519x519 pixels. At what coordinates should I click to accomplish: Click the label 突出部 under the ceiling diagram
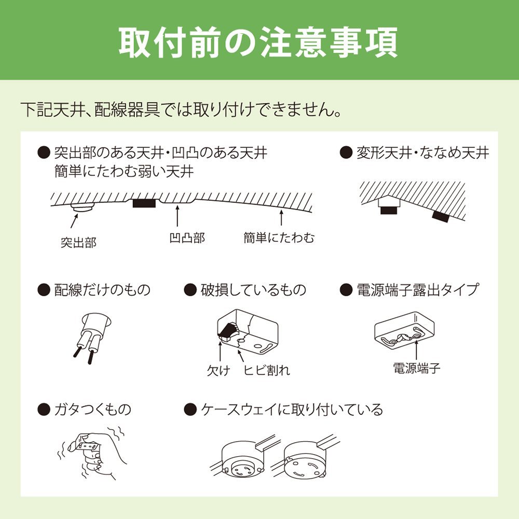[x=79, y=242]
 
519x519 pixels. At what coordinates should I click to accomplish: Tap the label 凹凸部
[x=187, y=238]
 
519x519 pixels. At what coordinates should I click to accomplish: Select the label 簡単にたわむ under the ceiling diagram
[x=279, y=238]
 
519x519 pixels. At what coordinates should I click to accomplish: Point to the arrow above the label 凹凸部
[x=177, y=216]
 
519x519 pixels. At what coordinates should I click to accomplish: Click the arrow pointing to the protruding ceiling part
[x=74, y=221]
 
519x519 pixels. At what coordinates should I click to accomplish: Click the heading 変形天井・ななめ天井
[x=422, y=153]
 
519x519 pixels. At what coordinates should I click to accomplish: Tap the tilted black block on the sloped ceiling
[x=441, y=216]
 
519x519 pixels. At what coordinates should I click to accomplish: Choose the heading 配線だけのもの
[x=102, y=290]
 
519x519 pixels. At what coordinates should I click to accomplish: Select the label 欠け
[x=218, y=370]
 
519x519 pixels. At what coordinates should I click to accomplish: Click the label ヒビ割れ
[x=267, y=370]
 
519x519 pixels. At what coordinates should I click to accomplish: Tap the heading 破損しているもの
[x=253, y=290]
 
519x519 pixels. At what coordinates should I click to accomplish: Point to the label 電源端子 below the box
[x=416, y=368]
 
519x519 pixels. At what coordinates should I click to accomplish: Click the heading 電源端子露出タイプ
[x=418, y=290]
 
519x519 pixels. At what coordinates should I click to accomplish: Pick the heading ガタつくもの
[x=93, y=409]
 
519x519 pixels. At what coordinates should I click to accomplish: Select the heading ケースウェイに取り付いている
[x=292, y=409]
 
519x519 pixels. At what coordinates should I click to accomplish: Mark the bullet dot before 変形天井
[x=346, y=153]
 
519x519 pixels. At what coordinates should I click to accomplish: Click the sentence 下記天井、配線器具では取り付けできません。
[x=181, y=110]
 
